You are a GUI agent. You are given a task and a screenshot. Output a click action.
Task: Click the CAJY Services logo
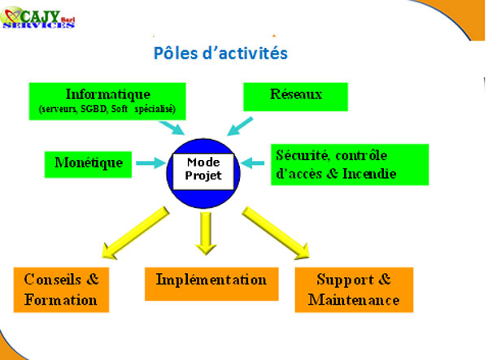pos(38,18)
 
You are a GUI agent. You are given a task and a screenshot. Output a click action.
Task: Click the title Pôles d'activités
pos(220,53)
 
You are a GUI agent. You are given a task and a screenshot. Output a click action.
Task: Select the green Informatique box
pos(107,102)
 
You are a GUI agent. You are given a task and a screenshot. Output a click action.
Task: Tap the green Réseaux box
pos(295,97)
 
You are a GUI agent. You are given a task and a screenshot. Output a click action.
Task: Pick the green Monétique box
pos(88,164)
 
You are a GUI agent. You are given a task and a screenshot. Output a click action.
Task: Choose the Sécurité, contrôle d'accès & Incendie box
pos(350,164)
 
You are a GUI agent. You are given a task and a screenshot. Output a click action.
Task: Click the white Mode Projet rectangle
pos(203,171)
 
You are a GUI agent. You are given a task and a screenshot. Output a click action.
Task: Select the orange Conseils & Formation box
pos(61,289)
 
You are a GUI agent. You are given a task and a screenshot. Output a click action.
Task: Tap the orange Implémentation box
pos(211,284)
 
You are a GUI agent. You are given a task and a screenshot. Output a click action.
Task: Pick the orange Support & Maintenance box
pos(354,289)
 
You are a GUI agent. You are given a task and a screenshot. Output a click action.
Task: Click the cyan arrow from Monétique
pos(150,163)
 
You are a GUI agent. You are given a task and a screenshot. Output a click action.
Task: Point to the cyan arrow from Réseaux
pos(240,127)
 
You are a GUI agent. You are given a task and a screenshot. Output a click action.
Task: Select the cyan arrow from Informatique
pos(172,128)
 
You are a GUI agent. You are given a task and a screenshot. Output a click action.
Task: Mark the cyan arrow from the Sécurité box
pos(252,163)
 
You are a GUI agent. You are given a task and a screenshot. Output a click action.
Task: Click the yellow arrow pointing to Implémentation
pos(206,233)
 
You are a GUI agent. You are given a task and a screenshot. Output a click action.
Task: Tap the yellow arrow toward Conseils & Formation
pos(135,232)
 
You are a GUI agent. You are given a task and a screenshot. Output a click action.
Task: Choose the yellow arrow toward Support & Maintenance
pos(276,232)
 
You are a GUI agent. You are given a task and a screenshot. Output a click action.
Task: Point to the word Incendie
pos(369,174)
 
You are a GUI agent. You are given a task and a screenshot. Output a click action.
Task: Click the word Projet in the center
pos(203,176)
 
